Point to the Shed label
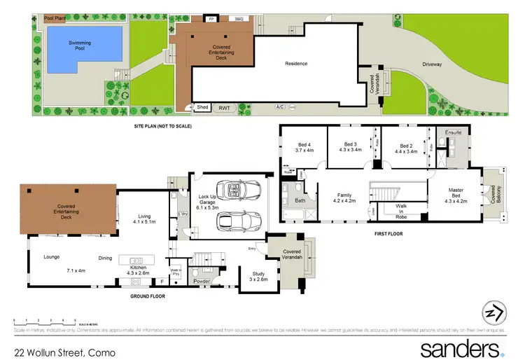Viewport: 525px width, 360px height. click(202, 107)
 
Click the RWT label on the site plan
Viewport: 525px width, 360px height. click(224, 108)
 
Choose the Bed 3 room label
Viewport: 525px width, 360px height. click(349, 147)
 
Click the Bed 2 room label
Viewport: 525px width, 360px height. click(405, 148)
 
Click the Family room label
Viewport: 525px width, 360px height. click(344, 198)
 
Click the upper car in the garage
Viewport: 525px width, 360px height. click(237, 190)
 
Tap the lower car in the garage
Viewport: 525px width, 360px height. click(237, 222)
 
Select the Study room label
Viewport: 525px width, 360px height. click(258, 277)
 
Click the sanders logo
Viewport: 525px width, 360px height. click(461, 348)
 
